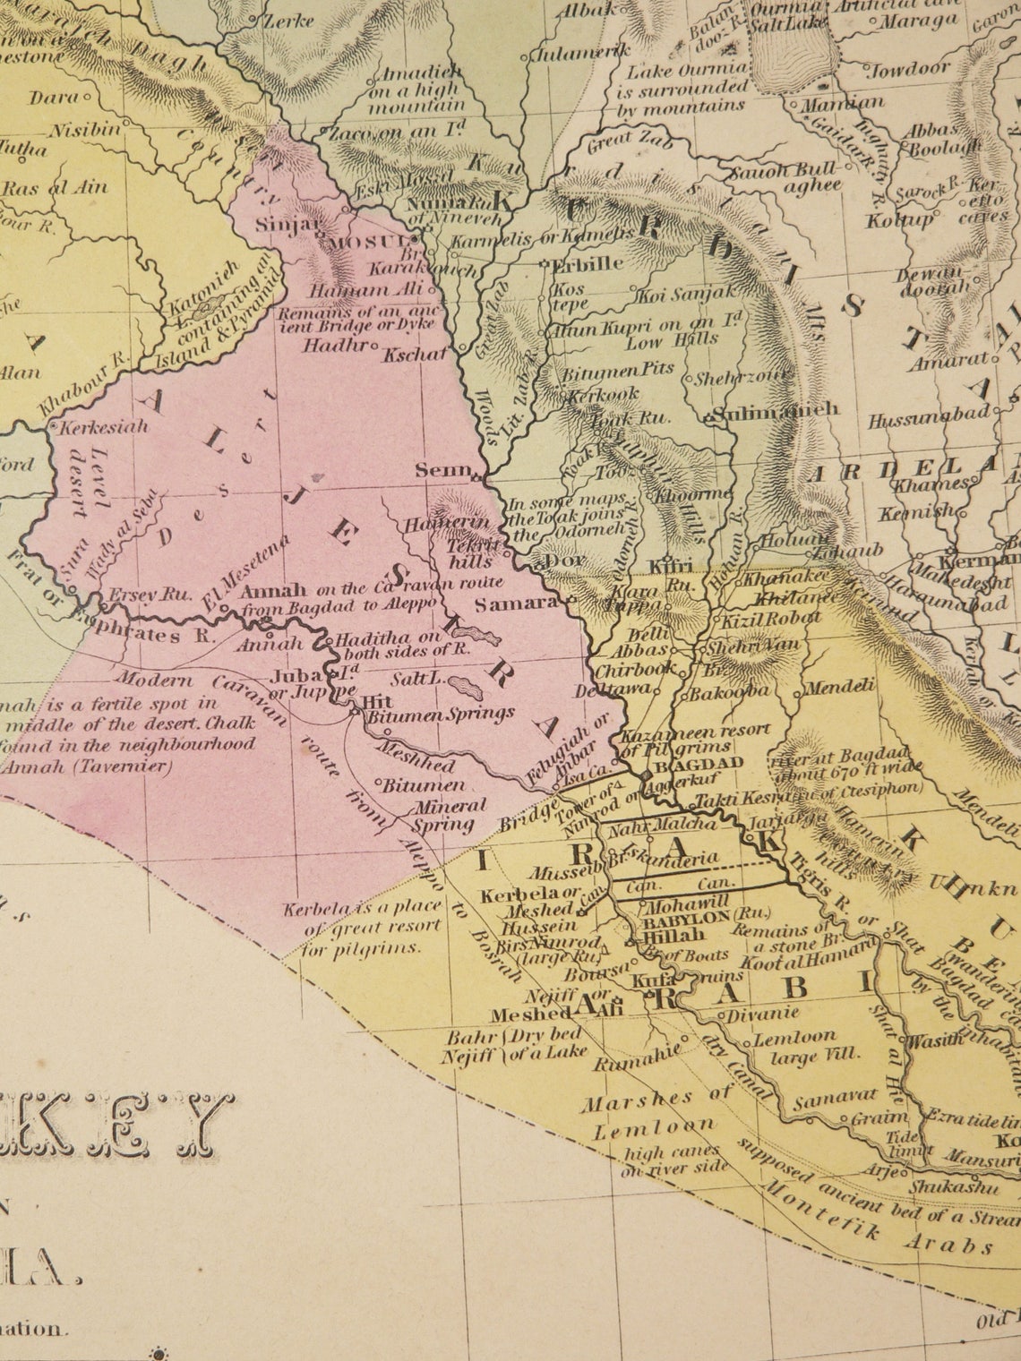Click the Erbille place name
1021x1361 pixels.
pyautogui.click(x=588, y=265)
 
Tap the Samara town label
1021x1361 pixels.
pyautogui.click(x=516, y=604)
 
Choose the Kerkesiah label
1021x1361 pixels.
pyautogui.click(x=103, y=427)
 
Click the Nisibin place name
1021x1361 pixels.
pyautogui.click(x=84, y=131)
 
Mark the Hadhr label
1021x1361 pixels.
pyautogui.click(x=335, y=346)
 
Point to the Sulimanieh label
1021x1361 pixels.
pyautogui.click(x=776, y=411)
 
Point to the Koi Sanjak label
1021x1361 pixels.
pyautogui.click(x=685, y=293)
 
